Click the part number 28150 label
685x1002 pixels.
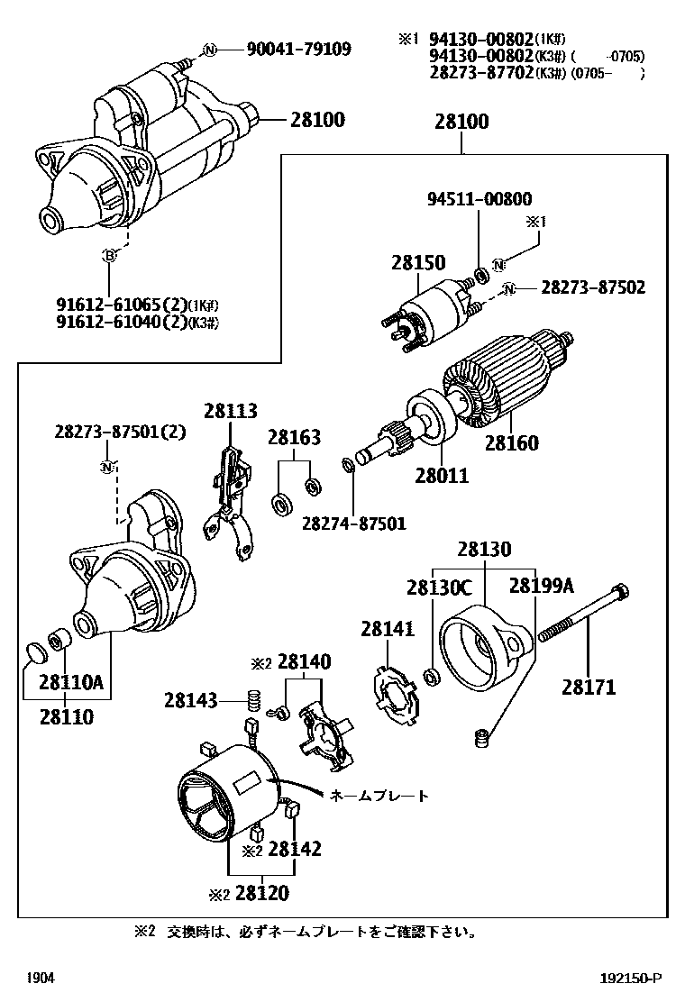418,263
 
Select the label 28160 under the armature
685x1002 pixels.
511,443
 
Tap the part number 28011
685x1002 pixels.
442,475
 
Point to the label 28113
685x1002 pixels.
230,411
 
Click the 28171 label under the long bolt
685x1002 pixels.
589,688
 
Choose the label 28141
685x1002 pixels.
388,630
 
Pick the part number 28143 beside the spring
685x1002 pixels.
191,699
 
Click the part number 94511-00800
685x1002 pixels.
479,199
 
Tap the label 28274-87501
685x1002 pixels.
353,523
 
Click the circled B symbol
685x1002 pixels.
110,257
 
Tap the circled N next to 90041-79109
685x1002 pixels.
209,50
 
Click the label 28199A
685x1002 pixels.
541,587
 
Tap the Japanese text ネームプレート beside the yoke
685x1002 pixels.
379,797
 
